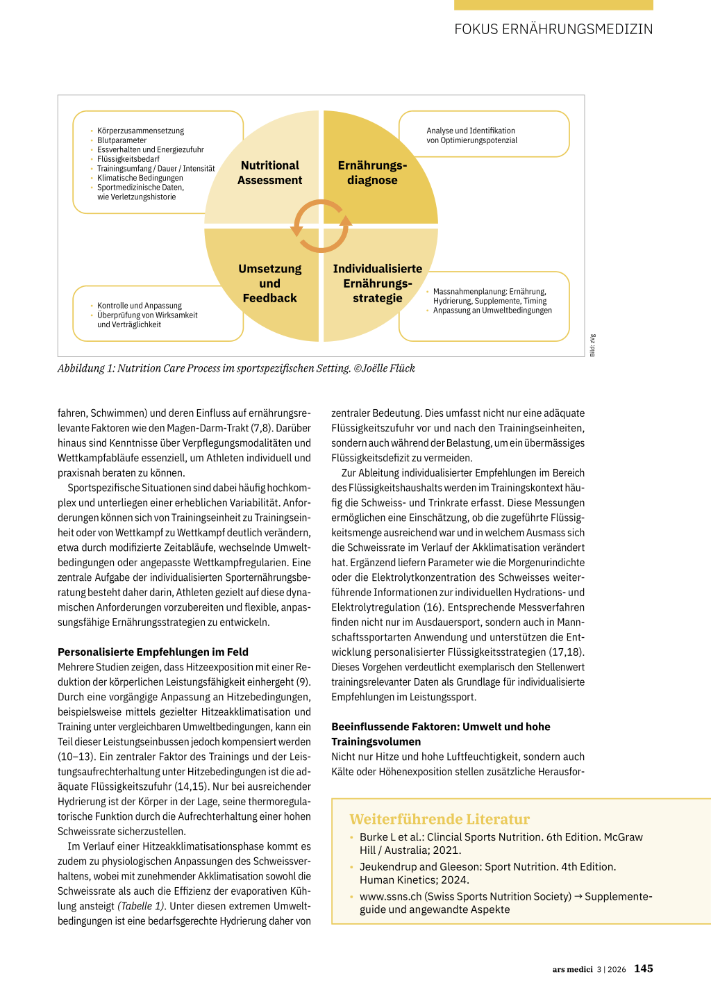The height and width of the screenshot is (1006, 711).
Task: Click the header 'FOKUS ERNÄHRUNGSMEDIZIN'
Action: (553, 29)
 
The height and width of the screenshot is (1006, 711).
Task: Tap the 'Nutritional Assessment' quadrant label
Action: (269, 173)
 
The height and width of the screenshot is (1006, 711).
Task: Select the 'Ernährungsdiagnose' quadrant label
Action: (372, 173)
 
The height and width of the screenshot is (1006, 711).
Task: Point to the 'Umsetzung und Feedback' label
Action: (269, 283)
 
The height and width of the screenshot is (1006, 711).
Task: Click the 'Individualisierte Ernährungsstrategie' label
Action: (377, 283)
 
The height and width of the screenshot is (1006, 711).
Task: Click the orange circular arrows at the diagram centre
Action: (321, 226)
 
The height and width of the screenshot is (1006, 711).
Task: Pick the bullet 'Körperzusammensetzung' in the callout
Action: (140, 131)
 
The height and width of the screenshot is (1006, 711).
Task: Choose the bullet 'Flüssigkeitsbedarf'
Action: (128, 159)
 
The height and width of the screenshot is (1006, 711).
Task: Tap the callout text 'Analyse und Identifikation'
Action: (471, 131)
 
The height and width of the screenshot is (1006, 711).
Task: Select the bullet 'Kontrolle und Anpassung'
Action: (140, 306)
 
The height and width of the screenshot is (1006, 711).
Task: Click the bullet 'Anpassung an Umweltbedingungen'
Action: (492, 311)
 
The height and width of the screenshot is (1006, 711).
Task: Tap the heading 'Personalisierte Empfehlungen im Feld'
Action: (153, 652)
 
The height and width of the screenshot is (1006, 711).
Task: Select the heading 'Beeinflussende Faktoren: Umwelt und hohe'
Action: (440, 727)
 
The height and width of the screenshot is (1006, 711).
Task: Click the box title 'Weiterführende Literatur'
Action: (440, 819)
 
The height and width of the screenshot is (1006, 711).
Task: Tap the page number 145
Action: (644, 968)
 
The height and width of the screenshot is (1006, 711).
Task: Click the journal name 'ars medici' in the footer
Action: (572, 969)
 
